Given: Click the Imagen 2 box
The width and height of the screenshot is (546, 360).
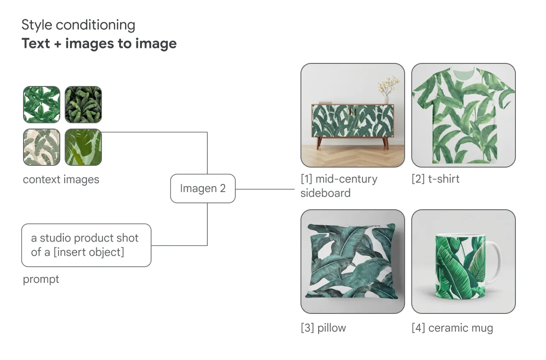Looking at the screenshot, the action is point(203,188).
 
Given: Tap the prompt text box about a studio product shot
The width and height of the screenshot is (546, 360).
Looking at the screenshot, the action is point(86,245).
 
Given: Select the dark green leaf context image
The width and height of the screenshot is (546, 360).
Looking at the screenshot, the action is point(83,104).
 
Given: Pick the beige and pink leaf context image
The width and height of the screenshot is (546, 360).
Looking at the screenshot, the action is point(42,147).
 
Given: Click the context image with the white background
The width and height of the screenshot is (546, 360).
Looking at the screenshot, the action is point(42,104).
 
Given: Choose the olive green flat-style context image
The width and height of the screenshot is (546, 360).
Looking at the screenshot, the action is point(83,147).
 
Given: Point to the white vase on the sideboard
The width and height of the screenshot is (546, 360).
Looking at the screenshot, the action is point(386,100).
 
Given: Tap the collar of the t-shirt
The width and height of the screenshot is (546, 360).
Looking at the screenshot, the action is point(464,72).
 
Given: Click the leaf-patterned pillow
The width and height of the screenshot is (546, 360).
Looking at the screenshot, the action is point(352,262).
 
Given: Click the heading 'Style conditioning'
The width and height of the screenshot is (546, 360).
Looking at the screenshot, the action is point(78,25).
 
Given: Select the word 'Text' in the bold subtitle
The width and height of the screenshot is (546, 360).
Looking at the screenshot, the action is point(35,43).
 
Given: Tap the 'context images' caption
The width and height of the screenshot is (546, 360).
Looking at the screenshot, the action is point(61,180).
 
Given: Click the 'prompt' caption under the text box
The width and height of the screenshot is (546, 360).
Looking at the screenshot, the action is point(41,279).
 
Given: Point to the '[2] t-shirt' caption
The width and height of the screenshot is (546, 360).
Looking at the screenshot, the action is point(435,179).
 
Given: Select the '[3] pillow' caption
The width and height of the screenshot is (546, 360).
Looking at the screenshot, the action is point(323,328).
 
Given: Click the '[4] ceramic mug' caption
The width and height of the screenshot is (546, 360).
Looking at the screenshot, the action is point(452,328).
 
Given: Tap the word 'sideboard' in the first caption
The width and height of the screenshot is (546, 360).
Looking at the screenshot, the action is point(325,193).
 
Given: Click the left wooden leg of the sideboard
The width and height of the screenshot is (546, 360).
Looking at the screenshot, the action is point(319,143).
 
